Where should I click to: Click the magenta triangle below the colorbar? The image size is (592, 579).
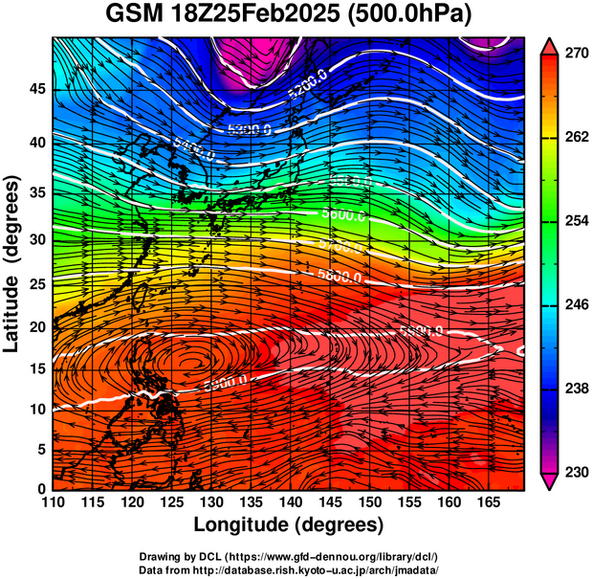tap(548, 481)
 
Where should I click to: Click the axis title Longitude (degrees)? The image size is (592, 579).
tap(289, 524)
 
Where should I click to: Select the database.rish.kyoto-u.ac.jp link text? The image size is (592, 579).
tap(331, 568)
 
